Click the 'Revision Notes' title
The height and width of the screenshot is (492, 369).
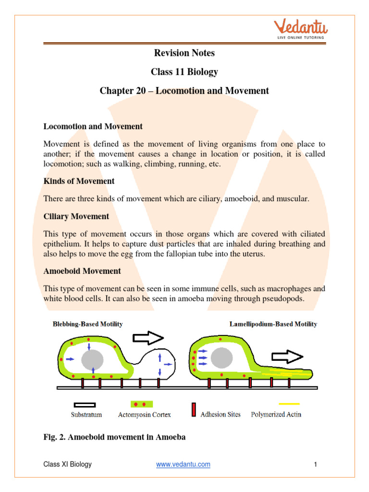pos(184,53)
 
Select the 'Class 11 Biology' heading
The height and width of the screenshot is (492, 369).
pos(184,72)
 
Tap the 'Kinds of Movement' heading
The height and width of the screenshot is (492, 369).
pos(79,181)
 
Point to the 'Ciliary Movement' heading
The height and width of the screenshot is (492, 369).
pos(76,216)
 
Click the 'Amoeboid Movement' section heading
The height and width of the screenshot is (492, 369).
pos(82,271)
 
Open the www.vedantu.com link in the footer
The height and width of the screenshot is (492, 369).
pos(183,464)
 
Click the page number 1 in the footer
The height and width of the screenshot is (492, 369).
pos(315,464)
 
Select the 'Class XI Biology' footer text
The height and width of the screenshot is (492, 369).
pos(67,464)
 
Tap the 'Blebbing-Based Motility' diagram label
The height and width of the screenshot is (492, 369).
pos(87,324)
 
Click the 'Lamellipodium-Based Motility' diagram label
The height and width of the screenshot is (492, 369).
pos(273,324)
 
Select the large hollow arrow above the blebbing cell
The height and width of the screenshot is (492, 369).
pos(148,338)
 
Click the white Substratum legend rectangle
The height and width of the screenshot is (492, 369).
pos(85,405)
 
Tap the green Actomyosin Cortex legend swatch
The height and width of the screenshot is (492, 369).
pos(142,405)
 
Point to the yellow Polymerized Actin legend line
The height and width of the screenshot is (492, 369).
pos(288,404)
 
